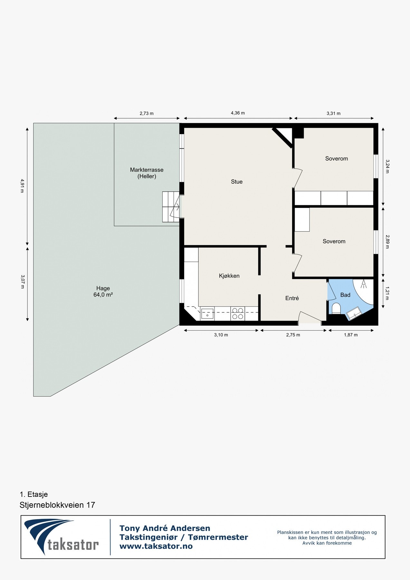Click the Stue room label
[237, 182]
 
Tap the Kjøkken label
[229, 276]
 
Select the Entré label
[292, 298]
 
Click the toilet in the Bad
[336, 308]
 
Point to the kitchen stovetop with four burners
[238, 314]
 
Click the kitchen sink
[207, 314]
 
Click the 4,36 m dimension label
[238, 113]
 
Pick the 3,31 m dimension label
[334, 113]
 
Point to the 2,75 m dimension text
[293, 335]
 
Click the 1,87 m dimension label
[351, 335]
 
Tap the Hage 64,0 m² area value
[103, 295]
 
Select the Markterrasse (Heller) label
[147, 173]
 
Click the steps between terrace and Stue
[171, 207]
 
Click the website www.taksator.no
[156, 546]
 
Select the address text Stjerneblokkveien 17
[57, 505]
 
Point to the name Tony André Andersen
[165, 528]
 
